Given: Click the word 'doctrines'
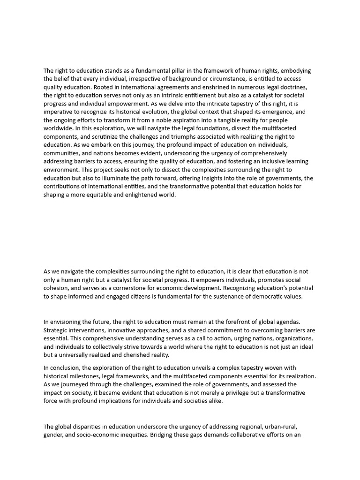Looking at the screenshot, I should [295, 87].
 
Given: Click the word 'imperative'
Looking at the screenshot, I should [60, 112].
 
